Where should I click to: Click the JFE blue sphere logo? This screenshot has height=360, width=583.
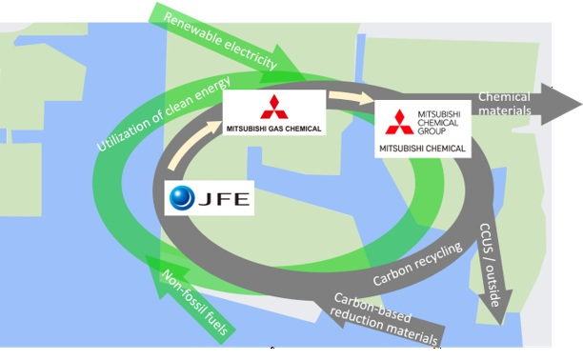182,197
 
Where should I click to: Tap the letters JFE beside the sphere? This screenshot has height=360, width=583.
224,199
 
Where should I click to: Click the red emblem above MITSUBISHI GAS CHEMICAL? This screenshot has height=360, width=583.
274,107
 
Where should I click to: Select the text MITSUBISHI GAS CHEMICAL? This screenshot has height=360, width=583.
273,130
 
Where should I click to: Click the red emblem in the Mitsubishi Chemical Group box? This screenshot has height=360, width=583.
399,122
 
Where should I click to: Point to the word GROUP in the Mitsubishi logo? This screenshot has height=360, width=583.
432,130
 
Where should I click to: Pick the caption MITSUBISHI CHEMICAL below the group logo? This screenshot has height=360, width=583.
422,149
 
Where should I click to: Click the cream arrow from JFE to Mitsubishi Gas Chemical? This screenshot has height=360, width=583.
193,145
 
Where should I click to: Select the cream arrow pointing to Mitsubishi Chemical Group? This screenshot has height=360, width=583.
352,97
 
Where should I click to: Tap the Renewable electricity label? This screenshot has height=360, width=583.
220,41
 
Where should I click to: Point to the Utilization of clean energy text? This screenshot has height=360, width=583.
164,113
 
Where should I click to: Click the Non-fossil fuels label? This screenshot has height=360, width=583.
194,302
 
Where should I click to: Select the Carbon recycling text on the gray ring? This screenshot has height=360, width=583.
417,264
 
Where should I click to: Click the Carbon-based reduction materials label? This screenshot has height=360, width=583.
385,319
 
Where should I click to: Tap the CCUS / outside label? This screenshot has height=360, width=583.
491,265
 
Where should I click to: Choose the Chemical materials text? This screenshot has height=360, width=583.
505,104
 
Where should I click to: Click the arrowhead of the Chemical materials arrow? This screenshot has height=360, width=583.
559,104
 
